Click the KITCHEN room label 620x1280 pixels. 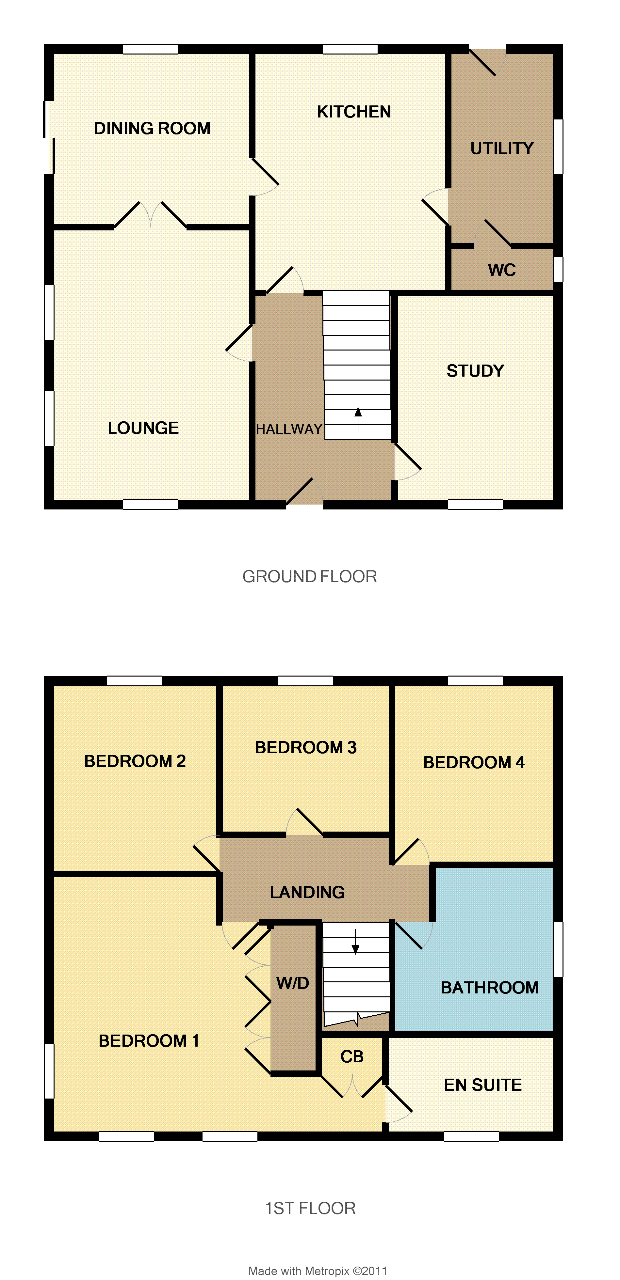point(354,112)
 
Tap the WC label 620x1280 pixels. point(502,270)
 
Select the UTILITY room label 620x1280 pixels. point(502,148)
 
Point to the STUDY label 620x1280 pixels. point(475,371)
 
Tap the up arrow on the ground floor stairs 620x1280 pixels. point(358,420)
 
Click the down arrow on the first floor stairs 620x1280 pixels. point(355,942)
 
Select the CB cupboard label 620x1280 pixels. point(352,1057)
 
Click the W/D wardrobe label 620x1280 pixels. point(293,983)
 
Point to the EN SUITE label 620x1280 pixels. point(483,1085)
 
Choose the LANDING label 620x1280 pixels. point(307,892)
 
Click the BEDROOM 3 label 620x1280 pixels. point(306,747)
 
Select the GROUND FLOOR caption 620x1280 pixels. point(309,576)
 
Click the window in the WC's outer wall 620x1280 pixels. point(558,269)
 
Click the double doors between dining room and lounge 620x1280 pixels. point(150,215)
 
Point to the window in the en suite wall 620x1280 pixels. point(471,1136)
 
